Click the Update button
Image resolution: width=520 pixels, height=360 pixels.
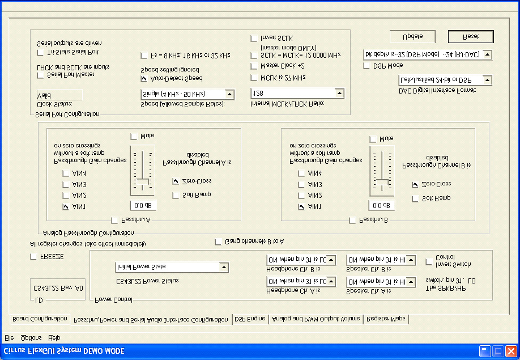pyautogui.click(x=412, y=36)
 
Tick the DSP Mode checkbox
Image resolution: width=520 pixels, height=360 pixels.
pyautogui.click(x=366, y=66)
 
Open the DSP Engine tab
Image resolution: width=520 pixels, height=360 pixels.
pyautogui.click(x=250, y=319)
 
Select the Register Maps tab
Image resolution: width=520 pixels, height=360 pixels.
pyautogui.click(x=386, y=319)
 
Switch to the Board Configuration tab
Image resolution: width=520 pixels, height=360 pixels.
pyautogui.click(x=40, y=319)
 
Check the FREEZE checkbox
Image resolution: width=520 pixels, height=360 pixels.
pyautogui.click(x=33, y=257)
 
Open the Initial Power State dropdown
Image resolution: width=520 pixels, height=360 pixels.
pyautogui.click(x=224, y=266)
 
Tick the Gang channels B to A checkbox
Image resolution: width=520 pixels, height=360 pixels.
pyautogui.click(x=218, y=242)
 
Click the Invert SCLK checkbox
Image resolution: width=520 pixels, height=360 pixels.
pyautogui.click(x=254, y=38)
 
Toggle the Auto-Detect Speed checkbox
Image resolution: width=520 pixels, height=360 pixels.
pyautogui.click(x=144, y=78)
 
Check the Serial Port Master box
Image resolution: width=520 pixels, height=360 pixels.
pyautogui.click(x=40, y=75)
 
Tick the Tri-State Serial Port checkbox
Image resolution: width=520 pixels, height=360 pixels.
pyautogui.click(x=40, y=52)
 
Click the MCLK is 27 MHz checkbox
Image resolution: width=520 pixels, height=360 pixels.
pyautogui.click(x=254, y=77)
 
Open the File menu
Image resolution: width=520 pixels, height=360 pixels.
pyautogui.click(x=9, y=338)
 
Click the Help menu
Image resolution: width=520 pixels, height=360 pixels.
pyautogui.click(x=54, y=338)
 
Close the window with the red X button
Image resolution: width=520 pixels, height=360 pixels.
pyautogui.click(x=511, y=351)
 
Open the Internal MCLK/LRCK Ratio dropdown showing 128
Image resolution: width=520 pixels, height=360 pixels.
pyautogui.click(x=339, y=93)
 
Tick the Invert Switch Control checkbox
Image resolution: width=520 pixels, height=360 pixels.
pyautogui.click(x=429, y=261)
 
